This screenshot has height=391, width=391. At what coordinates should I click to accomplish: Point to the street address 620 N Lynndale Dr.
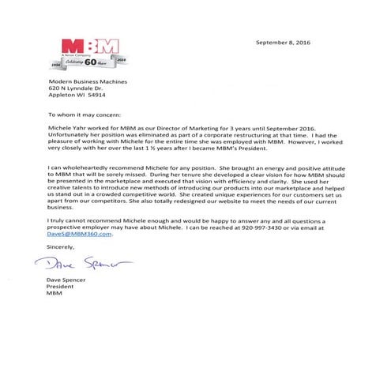pyautogui.click(x=75, y=89)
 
